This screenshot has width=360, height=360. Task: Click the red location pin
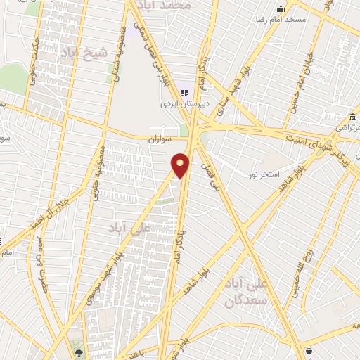tap(181, 165)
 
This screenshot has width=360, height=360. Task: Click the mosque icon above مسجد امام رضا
tap(281, 8)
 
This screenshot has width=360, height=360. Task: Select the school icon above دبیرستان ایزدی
tap(185, 92)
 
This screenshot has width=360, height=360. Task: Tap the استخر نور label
tap(266, 173)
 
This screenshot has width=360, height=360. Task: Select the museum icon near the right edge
tap(352, 116)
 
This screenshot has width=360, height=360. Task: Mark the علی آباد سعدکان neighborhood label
tap(247, 292)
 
